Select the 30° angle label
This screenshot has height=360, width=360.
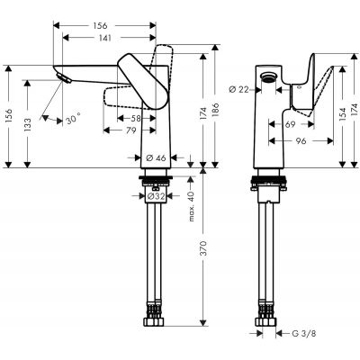click(x=72, y=117)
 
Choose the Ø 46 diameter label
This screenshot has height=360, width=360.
click(x=159, y=157)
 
